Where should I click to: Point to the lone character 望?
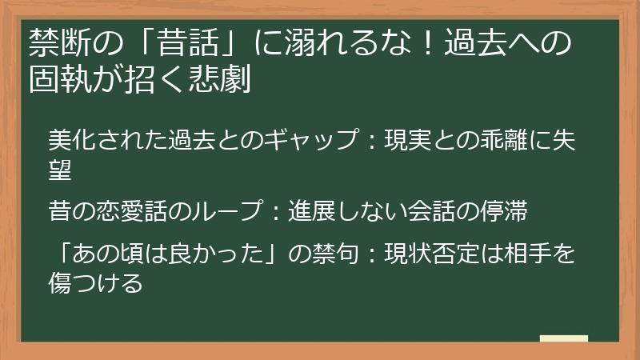(x=58, y=167)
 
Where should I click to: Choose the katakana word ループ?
(x=229, y=213)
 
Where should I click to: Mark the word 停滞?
(x=508, y=213)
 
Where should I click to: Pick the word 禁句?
(x=327, y=256)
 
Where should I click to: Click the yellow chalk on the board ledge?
(x=563, y=338)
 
